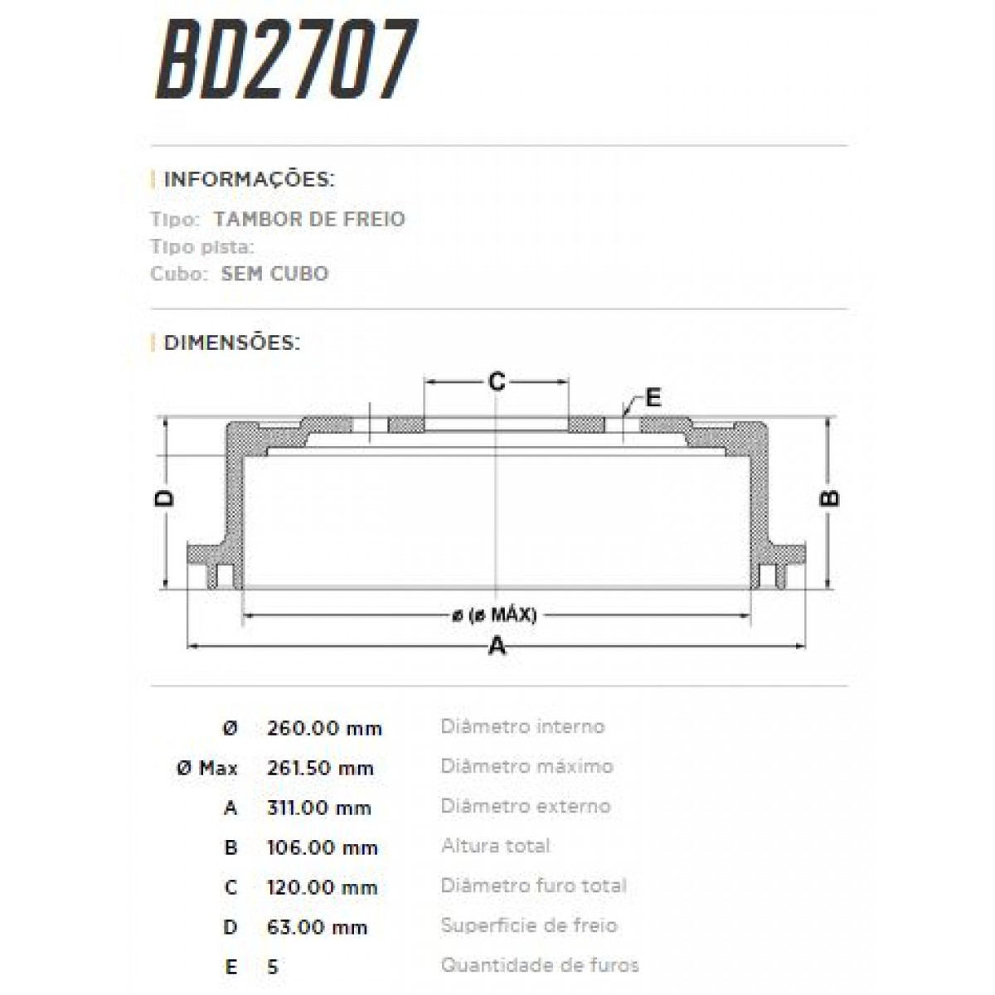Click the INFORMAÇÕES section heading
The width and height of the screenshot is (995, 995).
[x=249, y=180]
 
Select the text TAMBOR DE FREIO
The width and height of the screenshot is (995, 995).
[x=309, y=220]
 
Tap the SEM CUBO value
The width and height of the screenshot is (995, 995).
[x=274, y=274]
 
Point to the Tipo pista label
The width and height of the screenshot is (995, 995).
[x=202, y=247]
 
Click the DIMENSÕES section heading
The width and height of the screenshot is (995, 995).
[x=231, y=342]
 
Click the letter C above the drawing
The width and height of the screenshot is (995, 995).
[x=496, y=382]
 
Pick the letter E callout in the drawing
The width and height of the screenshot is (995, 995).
[x=653, y=398]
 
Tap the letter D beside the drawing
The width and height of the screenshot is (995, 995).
[x=166, y=498]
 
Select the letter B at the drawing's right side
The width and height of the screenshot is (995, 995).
[x=829, y=498]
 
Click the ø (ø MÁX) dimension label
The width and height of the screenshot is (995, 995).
[x=495, y=615]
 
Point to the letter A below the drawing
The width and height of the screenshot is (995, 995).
[x=496, y=646]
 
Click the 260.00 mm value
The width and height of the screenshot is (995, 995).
[x=324, y=729]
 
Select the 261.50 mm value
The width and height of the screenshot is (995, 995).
[x=320, y=769]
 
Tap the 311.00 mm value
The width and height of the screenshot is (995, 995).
[x=319, y=808]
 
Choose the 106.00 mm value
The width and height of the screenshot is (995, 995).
[x=323, y=848]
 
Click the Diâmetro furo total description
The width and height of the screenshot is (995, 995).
[x=533, y=886]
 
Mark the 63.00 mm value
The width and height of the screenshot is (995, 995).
[x=318, y=928]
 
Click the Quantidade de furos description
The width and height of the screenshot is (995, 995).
[x=540, y=966]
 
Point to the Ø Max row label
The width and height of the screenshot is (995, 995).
[x=207, y=769]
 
